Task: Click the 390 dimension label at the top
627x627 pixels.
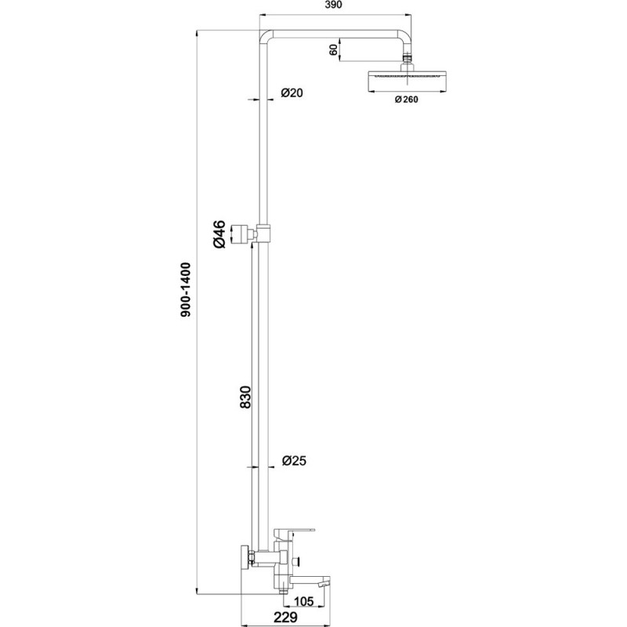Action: tap(333, 5)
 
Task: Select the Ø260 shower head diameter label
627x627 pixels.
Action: tap(407, 100)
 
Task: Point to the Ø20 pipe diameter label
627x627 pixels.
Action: tap(292, 92)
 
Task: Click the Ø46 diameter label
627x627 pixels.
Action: tap(219, 234)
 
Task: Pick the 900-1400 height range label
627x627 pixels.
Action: tap(186, 290)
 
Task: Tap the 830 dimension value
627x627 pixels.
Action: tap(245, 397)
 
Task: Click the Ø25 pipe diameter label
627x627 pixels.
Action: tap(294, 461)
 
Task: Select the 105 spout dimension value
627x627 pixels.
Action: tap(304, 600)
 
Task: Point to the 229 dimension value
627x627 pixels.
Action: tap(285, 617)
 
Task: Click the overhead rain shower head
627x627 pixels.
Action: tap(406, 82)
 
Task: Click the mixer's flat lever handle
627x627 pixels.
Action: tap(294, 531)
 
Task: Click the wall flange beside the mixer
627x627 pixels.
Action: tap(245, 556)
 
